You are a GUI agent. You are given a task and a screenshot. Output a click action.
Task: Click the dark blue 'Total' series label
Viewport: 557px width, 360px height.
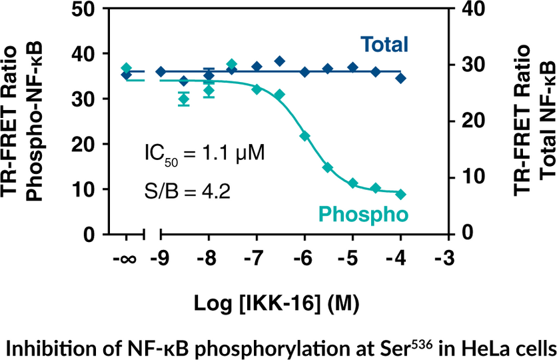(384, 45)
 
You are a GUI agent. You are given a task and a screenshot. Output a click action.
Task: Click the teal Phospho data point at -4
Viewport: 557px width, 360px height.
(400, 194)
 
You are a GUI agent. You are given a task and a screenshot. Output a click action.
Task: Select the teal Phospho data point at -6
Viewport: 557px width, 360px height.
(304, 136)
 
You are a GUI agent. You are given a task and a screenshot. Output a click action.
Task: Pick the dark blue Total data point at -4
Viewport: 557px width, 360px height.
(400, 78)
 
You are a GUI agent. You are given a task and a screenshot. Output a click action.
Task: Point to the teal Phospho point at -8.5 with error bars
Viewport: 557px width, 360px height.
(184, 99)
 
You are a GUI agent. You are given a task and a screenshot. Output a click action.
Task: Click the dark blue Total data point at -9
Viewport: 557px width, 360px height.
(161, 71)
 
